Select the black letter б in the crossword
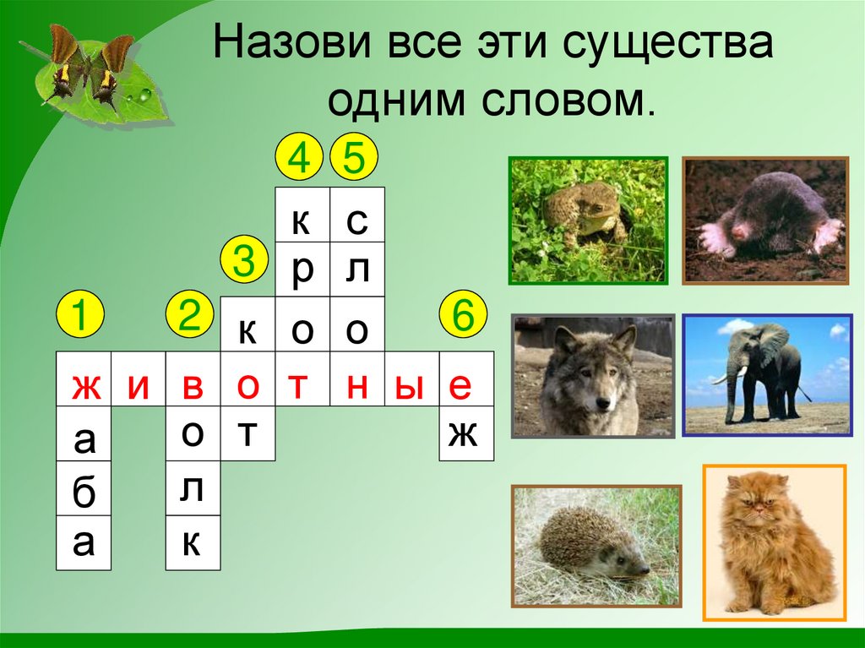pyautogui.click(x=84, y=493)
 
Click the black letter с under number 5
pyautogui.click(x=356, y=221)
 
